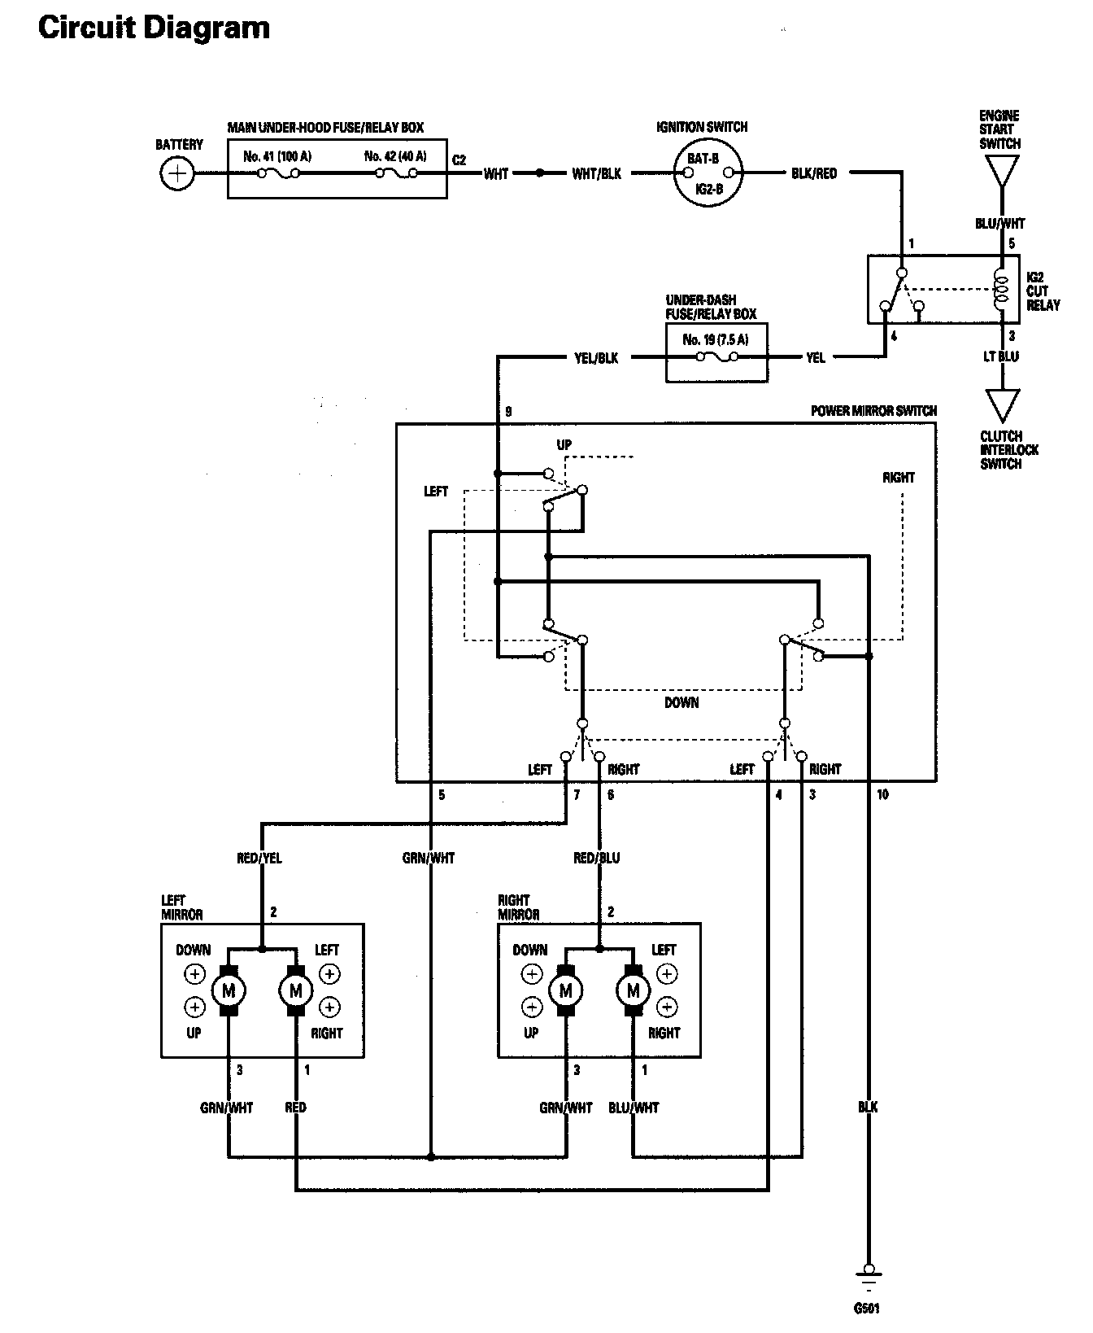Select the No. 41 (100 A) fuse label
tap(277, 156)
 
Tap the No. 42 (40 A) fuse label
tap(395, 156)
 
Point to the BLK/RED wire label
tap(814, 173)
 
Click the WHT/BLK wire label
tap(596, 173)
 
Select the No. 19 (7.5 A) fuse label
tap(716, 339)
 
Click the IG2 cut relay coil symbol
tap(1002, 291)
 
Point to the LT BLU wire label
tap(1001, 356)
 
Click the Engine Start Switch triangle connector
tap(1001, 172)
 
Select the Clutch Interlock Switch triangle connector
tap(1001, 405)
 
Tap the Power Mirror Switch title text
tap(873, 411)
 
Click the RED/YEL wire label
tap(259, 858)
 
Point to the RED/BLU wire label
tap(597, 858)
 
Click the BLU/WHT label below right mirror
tap(634, 1108)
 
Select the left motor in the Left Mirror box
tap(229, 990)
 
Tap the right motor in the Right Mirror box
tap(634, 990)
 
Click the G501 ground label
tap(867, 1309)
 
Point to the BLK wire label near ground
tap(868, 1108)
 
